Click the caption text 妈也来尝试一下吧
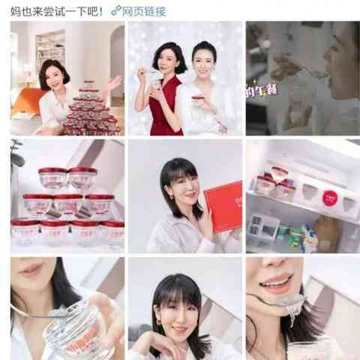coord(52,11)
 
